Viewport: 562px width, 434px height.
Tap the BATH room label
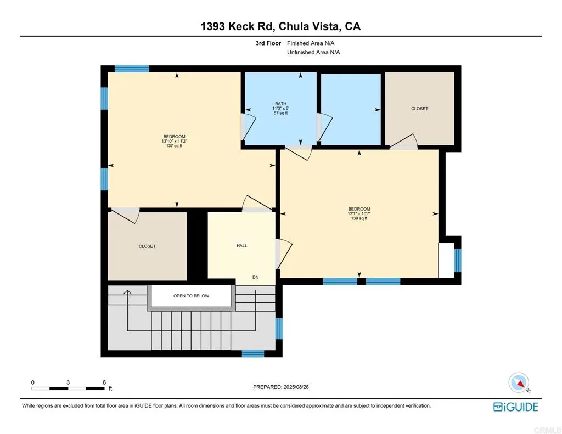[280, 104]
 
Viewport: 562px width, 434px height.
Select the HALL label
[241, 246]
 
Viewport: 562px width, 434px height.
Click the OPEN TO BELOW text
[191, 296]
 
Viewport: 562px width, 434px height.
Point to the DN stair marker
[255, 278]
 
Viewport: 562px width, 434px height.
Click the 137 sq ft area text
[174, 146]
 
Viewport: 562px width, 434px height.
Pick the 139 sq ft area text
[359, 218]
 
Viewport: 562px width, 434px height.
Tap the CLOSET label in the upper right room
[419, 109]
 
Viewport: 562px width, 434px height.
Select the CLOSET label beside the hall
[147, 246]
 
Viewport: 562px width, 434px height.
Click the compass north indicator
[519, 382]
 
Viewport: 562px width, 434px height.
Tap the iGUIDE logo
[515, 407]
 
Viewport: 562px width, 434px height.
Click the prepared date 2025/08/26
[285, 387]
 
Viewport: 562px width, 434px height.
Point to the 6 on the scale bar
[104, 382]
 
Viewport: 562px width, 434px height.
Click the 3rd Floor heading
[268, 43]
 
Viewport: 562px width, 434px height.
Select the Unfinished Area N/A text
[313, 52]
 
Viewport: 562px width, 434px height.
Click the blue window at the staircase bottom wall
[253, 353]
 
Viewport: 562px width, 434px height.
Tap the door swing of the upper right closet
[404, 141]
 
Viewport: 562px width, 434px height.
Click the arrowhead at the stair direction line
[127, 292]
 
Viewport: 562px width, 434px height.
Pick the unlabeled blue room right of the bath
[351, 109]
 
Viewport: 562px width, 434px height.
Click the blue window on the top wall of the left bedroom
[132, 69]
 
